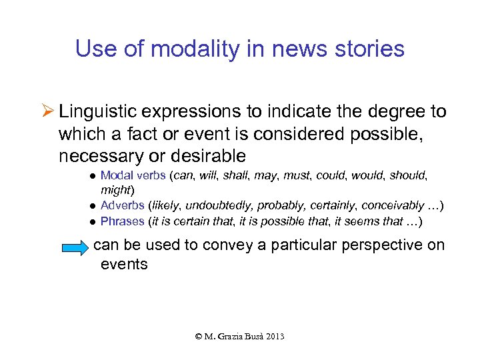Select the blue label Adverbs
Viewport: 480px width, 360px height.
pos(122,205)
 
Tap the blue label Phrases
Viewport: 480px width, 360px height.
pos(123,221)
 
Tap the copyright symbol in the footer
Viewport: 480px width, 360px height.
pos(199,337)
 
